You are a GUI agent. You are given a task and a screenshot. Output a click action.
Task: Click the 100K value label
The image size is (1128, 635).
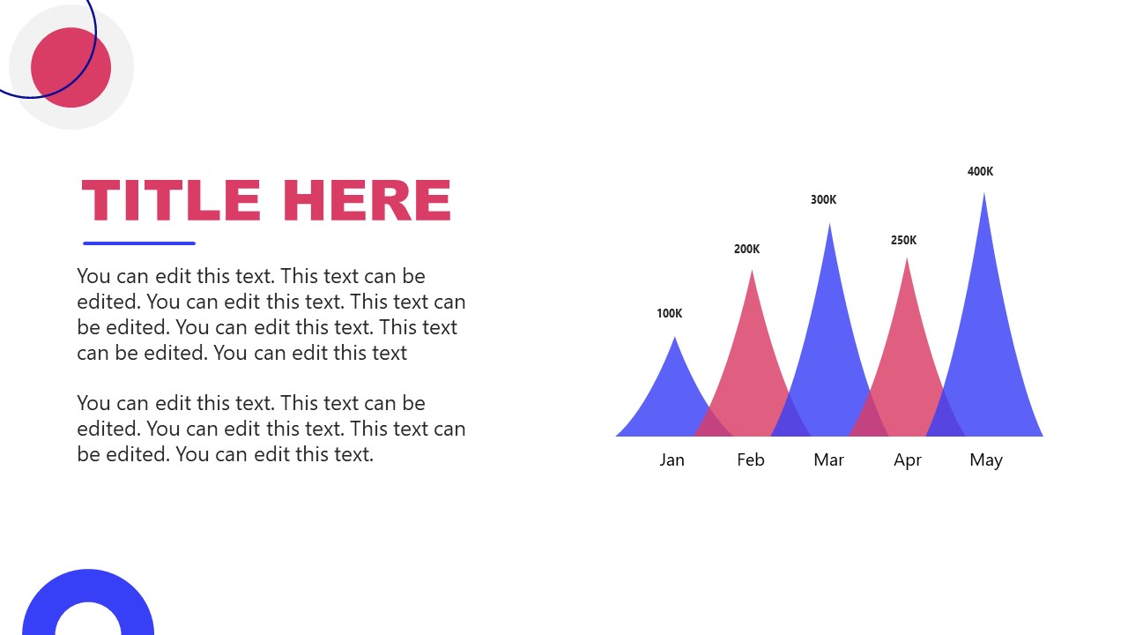tap(669, 313)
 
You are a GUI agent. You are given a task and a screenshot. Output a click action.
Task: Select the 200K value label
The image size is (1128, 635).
tap(746, 249)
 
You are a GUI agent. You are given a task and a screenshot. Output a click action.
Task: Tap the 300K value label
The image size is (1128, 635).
tap(823, 199)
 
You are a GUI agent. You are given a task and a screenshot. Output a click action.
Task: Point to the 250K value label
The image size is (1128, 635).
tap(903, 240)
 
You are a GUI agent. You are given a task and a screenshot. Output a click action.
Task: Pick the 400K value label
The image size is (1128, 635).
tap(980, 171)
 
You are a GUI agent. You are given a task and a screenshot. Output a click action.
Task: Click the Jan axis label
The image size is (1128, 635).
tap(672, 459)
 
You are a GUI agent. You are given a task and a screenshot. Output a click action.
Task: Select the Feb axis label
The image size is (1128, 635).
tap(750, 459)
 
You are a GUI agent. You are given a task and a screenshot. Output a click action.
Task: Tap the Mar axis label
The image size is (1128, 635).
tap(828, 459)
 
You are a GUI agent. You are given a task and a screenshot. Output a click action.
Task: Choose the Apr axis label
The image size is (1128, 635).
tap(907, 459)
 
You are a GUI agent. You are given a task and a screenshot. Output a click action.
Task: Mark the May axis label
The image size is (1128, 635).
tap(985, 459)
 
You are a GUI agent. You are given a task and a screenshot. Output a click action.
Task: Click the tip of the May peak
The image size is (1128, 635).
tap(983, 195)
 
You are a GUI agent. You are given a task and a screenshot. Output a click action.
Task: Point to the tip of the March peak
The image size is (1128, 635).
tap(829, 226)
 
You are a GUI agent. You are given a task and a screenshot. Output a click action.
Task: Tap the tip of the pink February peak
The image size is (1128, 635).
tap(752, 273)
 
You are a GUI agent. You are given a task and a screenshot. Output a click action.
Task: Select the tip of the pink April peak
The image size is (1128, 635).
tap(907, 260)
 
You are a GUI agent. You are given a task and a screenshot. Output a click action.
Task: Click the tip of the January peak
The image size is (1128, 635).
tap(674, 339)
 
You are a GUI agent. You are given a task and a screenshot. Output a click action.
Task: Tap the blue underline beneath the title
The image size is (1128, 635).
tap(139, 243)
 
